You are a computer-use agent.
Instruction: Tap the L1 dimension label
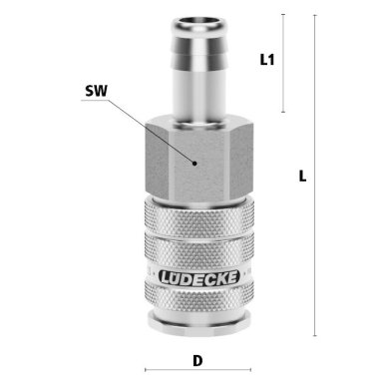266,60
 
